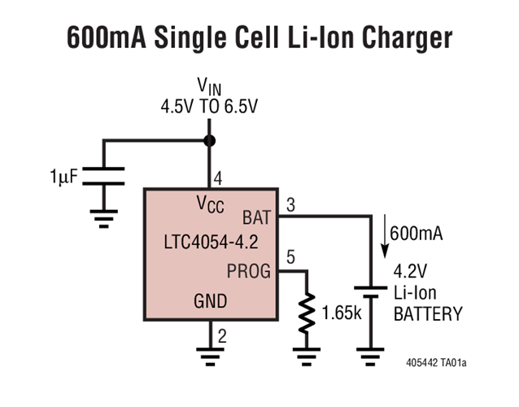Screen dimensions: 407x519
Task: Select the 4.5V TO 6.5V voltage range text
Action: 209,106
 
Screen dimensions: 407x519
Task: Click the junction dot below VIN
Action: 209,141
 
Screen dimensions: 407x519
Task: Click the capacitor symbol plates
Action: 103,176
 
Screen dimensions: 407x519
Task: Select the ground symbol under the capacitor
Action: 103,216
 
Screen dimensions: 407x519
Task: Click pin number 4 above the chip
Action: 217,178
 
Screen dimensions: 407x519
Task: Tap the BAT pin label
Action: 258,218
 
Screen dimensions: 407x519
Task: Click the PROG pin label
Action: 248,271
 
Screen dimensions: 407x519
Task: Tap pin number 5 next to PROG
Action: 290,260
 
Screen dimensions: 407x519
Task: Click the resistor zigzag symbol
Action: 307,314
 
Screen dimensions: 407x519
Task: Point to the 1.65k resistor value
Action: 342,313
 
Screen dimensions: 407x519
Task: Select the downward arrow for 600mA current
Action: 384,233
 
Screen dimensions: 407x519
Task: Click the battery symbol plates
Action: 371,291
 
